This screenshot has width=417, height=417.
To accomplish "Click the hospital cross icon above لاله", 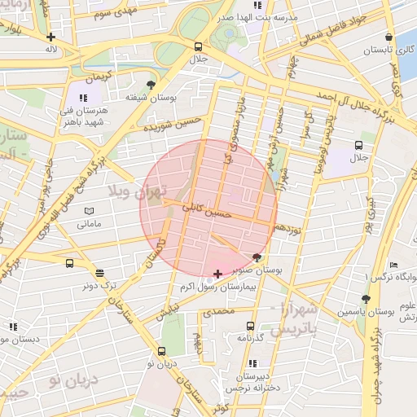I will [x=51, y=37].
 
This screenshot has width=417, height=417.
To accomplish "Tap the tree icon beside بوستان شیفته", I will [x=151, y=84].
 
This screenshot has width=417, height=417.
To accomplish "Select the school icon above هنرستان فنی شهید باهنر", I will [x=82, y=98].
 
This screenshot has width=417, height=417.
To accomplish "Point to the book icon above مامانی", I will [x=89, y=211].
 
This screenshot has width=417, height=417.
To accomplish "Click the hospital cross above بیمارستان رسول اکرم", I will [x=217, y=274].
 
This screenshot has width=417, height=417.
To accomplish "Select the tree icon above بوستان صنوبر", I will [x=257, y=257].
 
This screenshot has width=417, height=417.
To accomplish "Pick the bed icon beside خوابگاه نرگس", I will [x=393, y=265].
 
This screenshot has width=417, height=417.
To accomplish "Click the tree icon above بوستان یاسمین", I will [x=366, y=299].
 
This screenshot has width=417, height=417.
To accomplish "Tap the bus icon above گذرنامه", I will [x=250, y=325].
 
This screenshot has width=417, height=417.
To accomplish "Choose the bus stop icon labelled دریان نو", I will [x=161, y=352].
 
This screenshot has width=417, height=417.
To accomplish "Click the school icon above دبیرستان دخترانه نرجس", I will [x=252, y=363].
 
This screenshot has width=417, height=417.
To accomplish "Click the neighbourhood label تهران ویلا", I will [x=136, y=192].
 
